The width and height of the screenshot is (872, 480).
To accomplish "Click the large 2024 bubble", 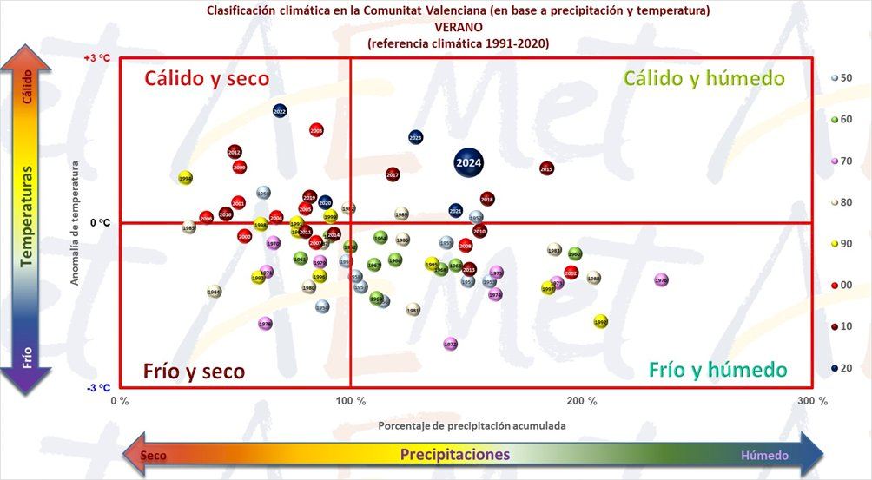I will (x=469, y=162).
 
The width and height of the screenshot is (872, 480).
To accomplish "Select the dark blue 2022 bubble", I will (x=280, y=111).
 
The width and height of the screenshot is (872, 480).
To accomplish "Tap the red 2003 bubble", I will (x=316, y=130).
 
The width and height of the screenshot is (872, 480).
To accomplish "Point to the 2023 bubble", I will (x=415, y=137).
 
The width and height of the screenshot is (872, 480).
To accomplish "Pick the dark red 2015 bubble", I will (x=546, y=168).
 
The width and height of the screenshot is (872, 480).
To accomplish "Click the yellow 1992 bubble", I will (x=601, y=321).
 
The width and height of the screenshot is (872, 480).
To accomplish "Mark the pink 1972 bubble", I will (x=450, y=344).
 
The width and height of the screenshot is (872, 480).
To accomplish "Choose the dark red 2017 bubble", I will (x=393, y=174).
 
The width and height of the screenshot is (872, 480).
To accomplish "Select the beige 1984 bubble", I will (x=214, y=292).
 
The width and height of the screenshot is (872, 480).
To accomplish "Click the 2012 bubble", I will (x=235, y=152).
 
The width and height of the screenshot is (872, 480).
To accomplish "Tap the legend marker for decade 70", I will (x=834, y=161).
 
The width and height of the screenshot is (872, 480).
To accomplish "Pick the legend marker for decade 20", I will (x=834, y=368).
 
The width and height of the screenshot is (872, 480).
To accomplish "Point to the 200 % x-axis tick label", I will (x=582, y=401).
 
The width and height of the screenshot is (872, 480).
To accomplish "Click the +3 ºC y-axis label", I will (x=96, y=58).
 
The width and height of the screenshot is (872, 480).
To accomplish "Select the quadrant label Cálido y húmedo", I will (x=704, y=78).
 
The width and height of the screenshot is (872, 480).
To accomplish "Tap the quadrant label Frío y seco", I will (x=194, y=371).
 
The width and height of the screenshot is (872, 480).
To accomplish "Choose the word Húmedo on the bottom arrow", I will (x=764, y=455).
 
